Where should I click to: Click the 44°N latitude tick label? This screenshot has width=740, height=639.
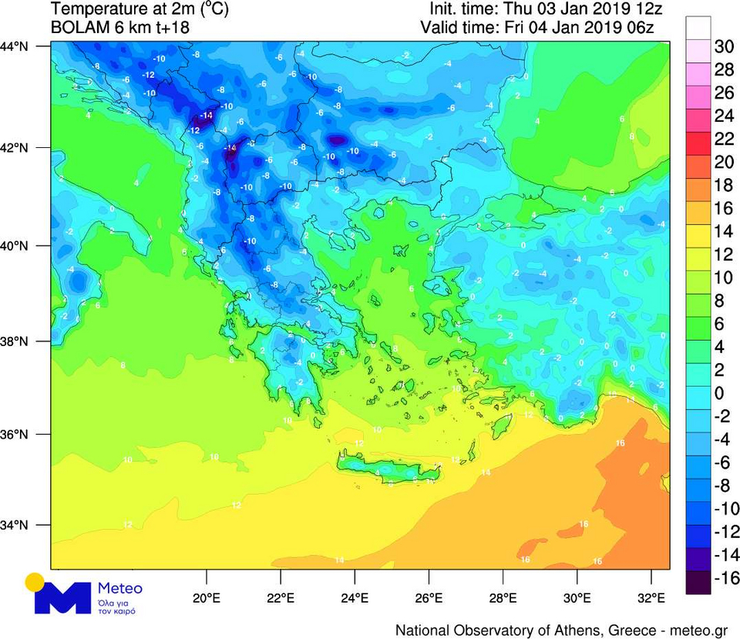15,47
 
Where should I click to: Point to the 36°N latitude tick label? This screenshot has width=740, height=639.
15,435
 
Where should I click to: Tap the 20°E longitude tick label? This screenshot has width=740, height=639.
207,598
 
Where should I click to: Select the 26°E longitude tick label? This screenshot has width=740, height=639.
429,598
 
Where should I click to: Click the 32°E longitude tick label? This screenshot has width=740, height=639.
651,598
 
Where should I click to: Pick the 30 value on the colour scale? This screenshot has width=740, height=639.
725,46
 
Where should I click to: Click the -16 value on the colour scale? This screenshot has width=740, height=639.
723,578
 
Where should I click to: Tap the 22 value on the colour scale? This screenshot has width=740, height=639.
725,139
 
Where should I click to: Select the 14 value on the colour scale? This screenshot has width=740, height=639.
725,231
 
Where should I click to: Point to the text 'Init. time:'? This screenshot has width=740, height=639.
463,10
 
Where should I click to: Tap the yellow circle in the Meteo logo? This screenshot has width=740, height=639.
35,581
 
